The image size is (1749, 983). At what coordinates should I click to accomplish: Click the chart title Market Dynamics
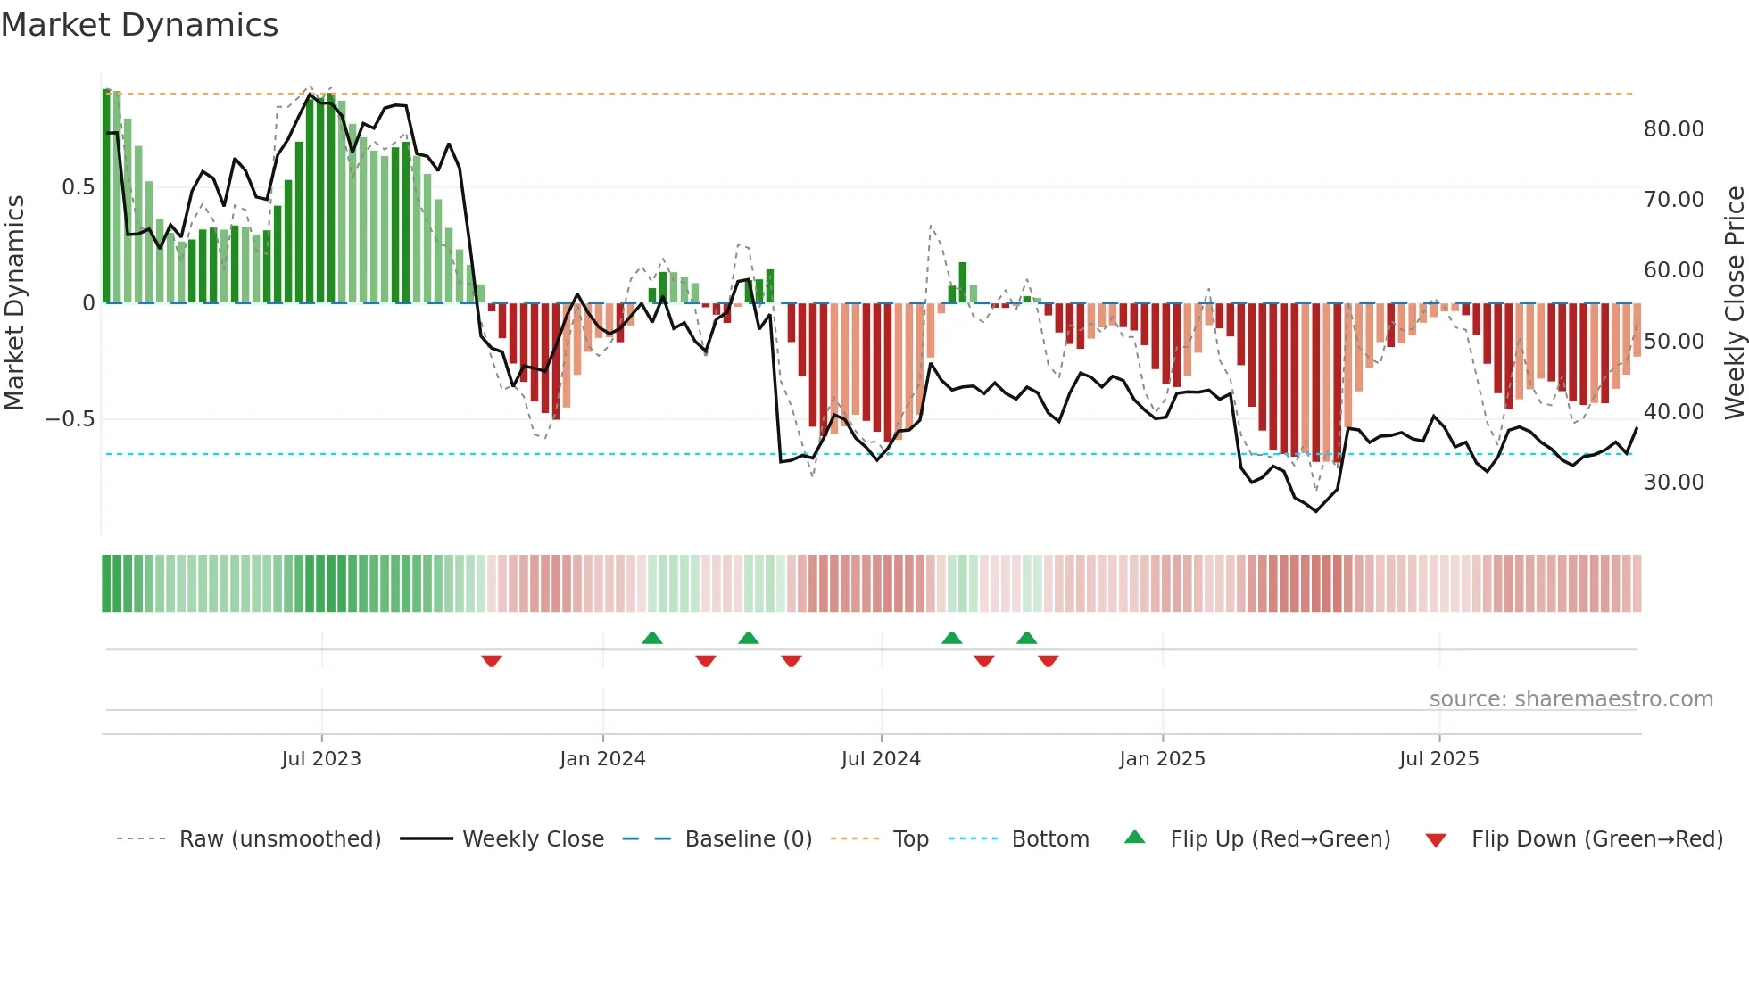tap(139, 25)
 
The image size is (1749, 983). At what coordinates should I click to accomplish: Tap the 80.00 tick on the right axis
tap(1673, 129)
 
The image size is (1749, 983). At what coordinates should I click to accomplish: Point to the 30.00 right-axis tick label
tap(1673, 483)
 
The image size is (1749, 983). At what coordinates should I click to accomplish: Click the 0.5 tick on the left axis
tap(78, 187)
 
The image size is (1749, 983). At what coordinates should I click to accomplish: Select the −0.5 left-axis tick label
tap(70, 419)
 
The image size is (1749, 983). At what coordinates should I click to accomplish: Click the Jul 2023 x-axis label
tap(321, 759)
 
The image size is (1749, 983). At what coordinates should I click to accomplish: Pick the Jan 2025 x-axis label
tap(1162, 759)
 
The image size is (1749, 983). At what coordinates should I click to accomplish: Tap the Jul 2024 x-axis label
tap(881, 759)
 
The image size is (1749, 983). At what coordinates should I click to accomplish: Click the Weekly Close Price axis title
tap(1734, 303)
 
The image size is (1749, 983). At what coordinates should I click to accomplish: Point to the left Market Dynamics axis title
tap(14, 303)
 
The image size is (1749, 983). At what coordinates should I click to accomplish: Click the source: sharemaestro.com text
tap(1571, 699)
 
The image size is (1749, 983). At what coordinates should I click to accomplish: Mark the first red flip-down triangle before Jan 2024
tap(492, 661)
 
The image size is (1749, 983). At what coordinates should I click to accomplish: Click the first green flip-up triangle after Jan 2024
tap(652, 638)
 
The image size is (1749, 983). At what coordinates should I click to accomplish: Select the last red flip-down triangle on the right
tap(1049, 661)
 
